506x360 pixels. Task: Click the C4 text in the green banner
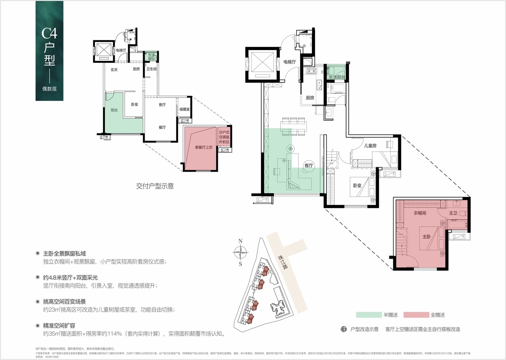(x=49, y=33)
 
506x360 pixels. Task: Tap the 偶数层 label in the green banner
(x=49, y=89)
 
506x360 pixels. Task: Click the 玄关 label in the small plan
(x=114, y=70)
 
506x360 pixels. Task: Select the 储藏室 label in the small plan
(x=184, y=109)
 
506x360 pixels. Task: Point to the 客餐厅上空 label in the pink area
(x=203, y=147)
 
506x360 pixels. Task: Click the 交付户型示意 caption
(x=155, y=186)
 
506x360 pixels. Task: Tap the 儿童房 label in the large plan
(x=370, y=146)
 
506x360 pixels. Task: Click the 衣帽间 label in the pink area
(x=420, y=213)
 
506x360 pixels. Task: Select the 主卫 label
(x=453, y=213)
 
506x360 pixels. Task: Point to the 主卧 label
(x=427, y=237)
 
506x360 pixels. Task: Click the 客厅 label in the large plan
(x=309, y=165)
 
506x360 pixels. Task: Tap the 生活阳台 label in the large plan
(x=337, y=77)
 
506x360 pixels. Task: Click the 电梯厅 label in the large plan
(x=289, y=62)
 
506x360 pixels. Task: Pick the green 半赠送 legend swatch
(x=369, y=315)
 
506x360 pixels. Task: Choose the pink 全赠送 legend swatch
(x=416, y=315)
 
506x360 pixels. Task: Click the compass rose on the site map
(x=241, y=252)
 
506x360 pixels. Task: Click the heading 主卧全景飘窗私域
(x=64, y=253)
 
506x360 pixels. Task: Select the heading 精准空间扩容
(x=59, y=326)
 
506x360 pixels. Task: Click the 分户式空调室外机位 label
(x=224, y=137)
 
